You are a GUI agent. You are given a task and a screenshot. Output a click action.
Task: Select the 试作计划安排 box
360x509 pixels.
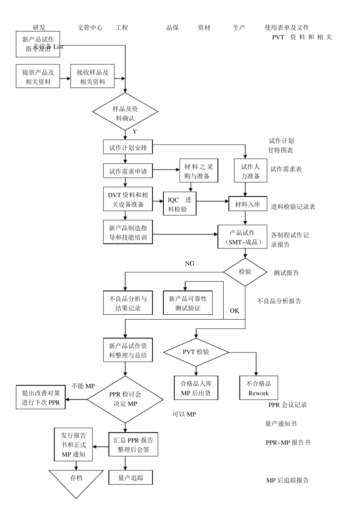(x=128, y=147)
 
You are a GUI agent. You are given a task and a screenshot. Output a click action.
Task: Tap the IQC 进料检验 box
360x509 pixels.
(x=180, y=204)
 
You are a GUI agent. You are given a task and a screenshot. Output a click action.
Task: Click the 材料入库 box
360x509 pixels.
(x=247, y=204)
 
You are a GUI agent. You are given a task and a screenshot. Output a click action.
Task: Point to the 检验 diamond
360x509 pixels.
(x=245, y=272)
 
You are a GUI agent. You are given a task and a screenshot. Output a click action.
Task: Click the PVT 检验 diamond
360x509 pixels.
(x=196, y=352)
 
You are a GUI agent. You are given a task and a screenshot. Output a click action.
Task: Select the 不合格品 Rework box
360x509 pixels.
(x=258, y=388)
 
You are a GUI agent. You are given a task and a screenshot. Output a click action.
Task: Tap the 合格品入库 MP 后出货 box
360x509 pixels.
(x=196, y=388)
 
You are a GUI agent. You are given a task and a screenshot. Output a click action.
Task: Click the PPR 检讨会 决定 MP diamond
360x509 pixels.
(x=125, y=399)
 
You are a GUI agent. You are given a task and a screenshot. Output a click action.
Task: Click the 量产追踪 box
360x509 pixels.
(x=131, y=478)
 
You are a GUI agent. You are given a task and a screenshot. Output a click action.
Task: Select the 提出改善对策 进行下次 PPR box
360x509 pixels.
(x=41, y=398)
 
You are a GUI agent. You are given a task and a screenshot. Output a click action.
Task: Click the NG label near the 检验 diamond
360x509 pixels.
(x=189, y=264)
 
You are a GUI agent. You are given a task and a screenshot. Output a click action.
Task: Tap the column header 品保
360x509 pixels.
(x=172, y=28)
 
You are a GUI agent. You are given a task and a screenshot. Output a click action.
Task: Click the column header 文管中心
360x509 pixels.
(x=90, y=28)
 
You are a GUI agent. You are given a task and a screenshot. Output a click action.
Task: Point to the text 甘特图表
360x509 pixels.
(x=280, y=150)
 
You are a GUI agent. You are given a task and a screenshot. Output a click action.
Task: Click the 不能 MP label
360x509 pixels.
(x=83, y=386)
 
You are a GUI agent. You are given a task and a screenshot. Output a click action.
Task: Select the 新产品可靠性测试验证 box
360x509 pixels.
(x=188, y=303)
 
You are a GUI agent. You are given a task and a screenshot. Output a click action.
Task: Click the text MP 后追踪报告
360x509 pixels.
(x=287, y=481)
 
